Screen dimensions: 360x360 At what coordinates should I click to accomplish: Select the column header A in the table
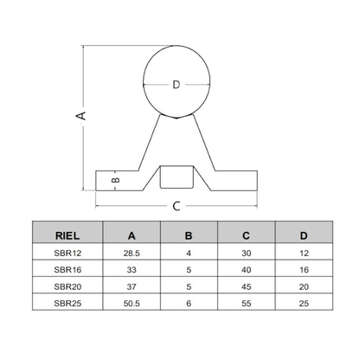(x=131, y=233)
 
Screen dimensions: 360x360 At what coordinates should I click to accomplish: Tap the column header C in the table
(x=246, y=233)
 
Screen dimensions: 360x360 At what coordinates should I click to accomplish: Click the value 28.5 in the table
(x=131, y=253)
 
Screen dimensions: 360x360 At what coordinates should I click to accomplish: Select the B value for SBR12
(x=189, y=253)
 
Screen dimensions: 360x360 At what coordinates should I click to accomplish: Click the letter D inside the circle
(x=177, y=84)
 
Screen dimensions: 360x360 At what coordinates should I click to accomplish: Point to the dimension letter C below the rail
(x=177, y=206)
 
